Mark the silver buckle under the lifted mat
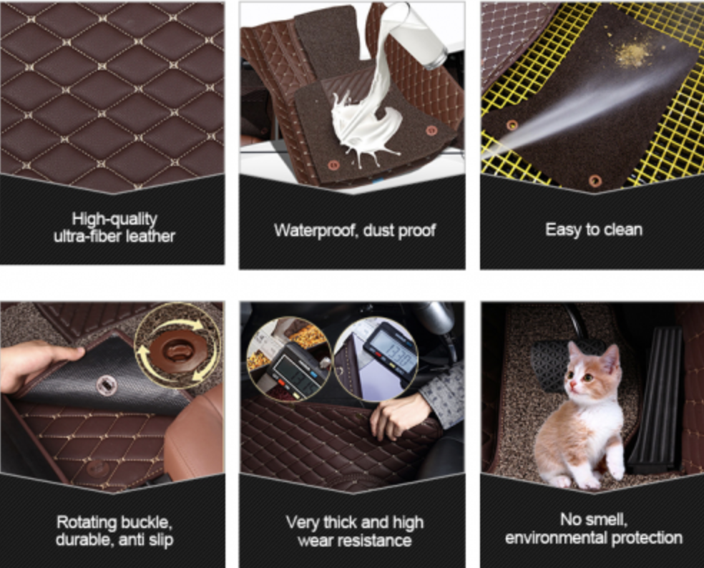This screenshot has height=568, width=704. coord(105,386)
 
